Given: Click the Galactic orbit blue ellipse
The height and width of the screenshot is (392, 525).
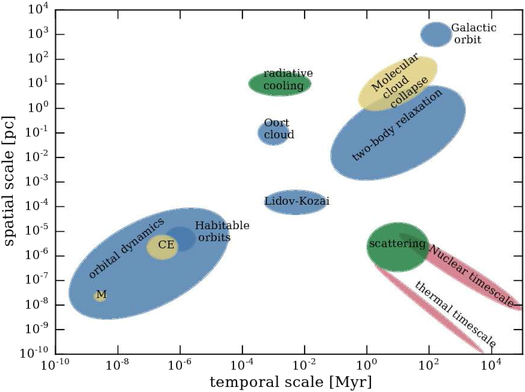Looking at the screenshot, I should (436, 35).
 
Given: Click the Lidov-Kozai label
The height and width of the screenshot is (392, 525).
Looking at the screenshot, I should (297, 201).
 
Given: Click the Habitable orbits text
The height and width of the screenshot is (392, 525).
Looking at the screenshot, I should (222, 231).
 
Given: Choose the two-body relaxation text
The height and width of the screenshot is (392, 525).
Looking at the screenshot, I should (397, 125).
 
